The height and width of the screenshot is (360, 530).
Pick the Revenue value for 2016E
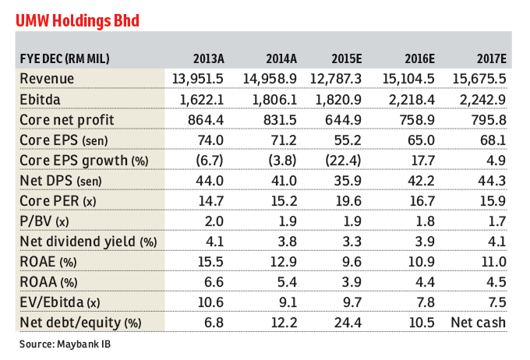(x=415, y=79)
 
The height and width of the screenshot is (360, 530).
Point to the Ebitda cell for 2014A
(x=279, y=99)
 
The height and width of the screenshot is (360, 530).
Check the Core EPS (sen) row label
(x=69, y=139)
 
